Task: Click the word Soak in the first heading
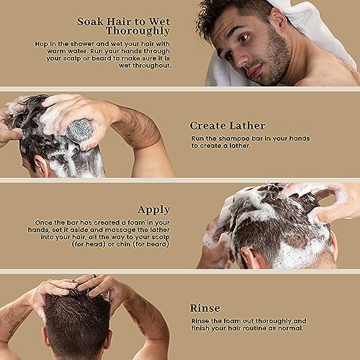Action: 91,22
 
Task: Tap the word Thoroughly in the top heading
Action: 138,31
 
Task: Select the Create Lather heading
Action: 228,126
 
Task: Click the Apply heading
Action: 154,210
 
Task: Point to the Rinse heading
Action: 204,308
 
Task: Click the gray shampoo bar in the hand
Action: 80,130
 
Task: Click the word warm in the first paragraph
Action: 55,51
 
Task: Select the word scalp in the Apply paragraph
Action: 161,238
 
